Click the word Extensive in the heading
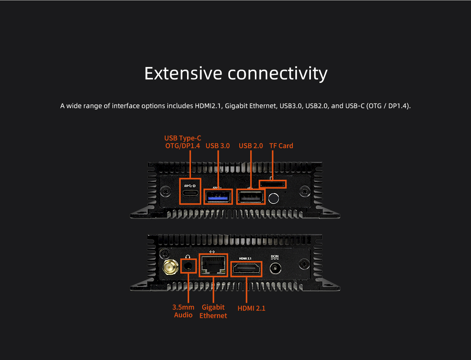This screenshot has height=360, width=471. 184,73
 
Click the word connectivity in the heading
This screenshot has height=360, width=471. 278,74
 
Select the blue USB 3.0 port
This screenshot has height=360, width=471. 218,197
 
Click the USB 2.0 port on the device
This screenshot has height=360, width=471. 251,197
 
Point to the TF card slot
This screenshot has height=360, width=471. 273,184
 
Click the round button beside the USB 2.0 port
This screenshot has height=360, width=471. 273,198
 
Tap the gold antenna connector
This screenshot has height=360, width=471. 170,267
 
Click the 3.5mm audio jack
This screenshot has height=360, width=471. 188,266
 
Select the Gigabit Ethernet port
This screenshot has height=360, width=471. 213,265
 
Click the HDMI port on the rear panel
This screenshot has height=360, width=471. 246,269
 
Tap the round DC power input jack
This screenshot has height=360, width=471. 275,268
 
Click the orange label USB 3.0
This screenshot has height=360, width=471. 218,146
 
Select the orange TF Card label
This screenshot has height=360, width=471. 281,146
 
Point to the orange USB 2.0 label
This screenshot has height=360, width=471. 251,146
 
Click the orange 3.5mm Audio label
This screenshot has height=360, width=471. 183,311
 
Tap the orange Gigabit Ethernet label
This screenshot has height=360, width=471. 213,311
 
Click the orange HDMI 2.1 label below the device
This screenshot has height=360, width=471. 252,308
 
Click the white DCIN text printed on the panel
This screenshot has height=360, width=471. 275,257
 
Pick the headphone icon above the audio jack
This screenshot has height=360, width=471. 188,257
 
